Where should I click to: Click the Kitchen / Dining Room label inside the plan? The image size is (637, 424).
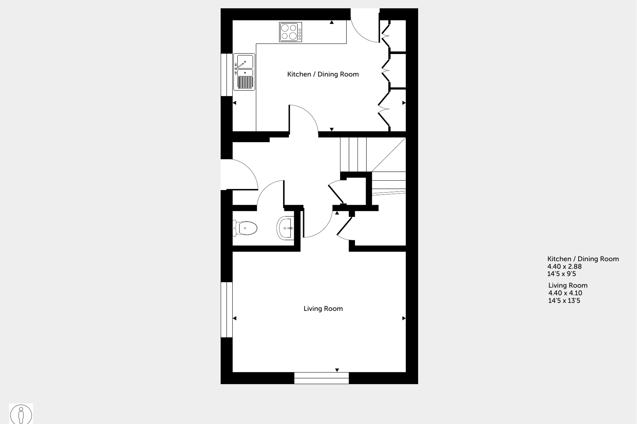point(323,74)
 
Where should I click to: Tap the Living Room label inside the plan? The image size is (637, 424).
point(323,309)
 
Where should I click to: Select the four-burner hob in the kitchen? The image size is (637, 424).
point(290,32)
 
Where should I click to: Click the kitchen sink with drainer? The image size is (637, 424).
point(244,72)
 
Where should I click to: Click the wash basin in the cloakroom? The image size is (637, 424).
point(285,228)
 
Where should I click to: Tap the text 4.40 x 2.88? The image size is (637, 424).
point(564,267)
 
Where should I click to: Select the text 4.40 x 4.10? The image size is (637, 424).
point(565,293)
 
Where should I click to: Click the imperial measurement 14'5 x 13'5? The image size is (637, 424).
point(564,301)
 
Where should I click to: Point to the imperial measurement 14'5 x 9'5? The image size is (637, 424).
point(561,274)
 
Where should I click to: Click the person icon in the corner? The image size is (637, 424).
point(21,414)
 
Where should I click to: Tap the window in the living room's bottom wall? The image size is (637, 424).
point(321,378)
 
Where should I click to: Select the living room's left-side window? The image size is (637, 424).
point(226,310)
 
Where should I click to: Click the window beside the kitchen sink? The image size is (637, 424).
point(226,75)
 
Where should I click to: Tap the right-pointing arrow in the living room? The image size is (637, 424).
point(404,318)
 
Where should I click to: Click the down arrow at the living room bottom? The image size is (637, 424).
point(337,370)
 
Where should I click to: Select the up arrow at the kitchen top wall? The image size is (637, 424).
point(332,22)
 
